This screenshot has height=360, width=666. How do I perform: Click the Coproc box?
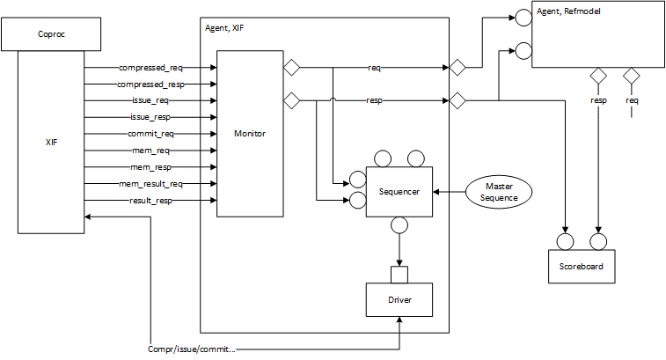tap(51, 36)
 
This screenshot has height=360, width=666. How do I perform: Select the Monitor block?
tap(250, 133)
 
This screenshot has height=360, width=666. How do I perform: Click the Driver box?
tap(400, 300)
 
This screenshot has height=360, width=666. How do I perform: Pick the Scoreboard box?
tap(582, 265)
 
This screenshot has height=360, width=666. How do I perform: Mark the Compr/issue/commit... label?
tap(191, 349)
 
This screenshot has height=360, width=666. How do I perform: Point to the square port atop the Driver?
tap(400, 274)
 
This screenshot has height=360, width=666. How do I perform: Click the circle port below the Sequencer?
tap(400, 226)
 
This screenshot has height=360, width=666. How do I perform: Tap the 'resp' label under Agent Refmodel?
tap(598, 100)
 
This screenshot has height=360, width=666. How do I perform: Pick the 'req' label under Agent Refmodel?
tap(632, 100)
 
